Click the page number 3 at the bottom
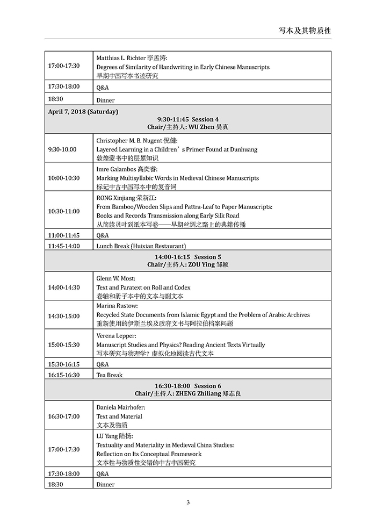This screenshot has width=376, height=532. pyautogui.click(x=188, y=502)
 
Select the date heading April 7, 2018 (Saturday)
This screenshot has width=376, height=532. pyautogui.click(x=83, y=112)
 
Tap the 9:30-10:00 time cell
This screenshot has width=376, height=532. pyautogui.click(x=62, y=149)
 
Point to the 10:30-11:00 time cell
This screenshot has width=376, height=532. pyautogui.click(x=63, y=211)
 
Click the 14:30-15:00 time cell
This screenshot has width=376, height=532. pyautogui.click(x=63, y=316)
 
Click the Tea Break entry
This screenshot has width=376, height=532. pyautogui.click(x=110, y=375)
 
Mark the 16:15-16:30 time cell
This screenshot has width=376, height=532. pyautogui.click(x=63, y=375)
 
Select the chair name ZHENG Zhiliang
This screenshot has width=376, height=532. pyautogui.click(x=201, y=394)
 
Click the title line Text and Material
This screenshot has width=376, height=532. pyautogui.click(x=119, y=416)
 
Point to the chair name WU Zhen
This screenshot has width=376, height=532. pyautogui.click(x=201, y=126)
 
